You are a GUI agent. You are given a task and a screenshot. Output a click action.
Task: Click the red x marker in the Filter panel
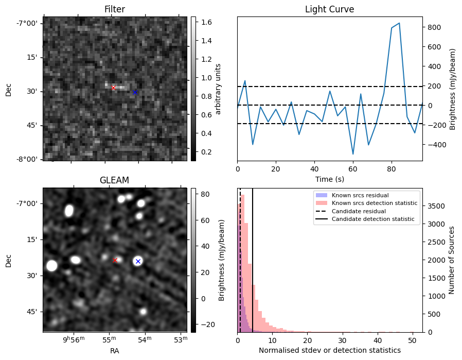(114, 88)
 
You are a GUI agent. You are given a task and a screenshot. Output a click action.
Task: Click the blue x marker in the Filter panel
(135, 92)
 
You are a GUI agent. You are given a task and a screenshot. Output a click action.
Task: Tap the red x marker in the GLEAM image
(115, 260)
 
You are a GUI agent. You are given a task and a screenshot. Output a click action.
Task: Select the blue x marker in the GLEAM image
(137, 261)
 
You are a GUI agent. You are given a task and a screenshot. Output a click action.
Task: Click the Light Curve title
(329, 9)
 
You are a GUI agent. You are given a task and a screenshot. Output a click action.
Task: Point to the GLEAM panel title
(114, 180)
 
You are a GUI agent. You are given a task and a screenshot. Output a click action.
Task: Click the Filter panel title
(114, 9)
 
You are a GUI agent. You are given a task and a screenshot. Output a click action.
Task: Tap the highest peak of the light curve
(399, 23)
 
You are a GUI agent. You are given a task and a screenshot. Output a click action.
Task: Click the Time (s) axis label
(329, 179)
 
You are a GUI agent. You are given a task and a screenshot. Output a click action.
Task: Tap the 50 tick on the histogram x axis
(412, 340)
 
